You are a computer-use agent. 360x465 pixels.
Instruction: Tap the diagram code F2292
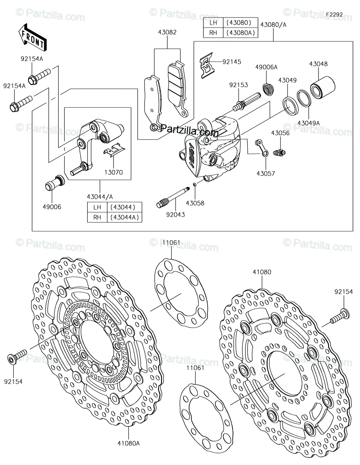coord(334,15)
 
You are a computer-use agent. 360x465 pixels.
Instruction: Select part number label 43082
coord(167,32)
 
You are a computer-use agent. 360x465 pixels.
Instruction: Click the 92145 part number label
coord(232,62)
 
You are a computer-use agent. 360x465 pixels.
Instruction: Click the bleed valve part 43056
coord(279,152)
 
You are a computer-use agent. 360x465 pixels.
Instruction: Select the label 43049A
coord(309,123)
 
